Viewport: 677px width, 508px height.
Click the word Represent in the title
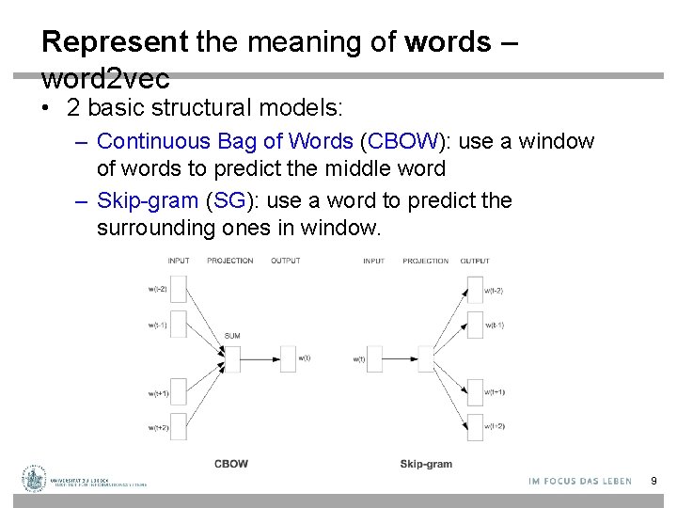(x=115, y=42)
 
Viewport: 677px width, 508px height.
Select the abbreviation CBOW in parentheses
(x=404, y=142)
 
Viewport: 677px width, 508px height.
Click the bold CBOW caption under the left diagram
(x=231, y=464)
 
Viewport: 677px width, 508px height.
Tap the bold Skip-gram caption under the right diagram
(x=426, y=464)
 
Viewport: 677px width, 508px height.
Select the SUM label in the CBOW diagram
(x=232, y=336)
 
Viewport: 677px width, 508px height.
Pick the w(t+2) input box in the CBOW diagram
(x=179, y=427)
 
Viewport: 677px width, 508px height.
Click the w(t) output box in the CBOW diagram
(x=288, y=358)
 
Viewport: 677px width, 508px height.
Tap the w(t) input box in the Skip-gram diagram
(x=374, y=358)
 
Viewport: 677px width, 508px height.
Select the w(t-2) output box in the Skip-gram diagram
(x=474, y=290)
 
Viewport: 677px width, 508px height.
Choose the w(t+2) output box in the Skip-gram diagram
(x=474, y=426)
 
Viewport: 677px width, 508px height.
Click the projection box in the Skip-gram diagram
(x=425, y=358)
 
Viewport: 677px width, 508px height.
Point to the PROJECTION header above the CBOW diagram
(x=230, y=261)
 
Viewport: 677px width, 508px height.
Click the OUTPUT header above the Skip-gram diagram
(x=475, y=261)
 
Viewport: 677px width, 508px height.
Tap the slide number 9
(x=653, y=482)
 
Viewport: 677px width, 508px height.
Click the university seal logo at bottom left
(x=35, y=480)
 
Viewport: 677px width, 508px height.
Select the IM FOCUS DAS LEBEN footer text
(x=580, y=482)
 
